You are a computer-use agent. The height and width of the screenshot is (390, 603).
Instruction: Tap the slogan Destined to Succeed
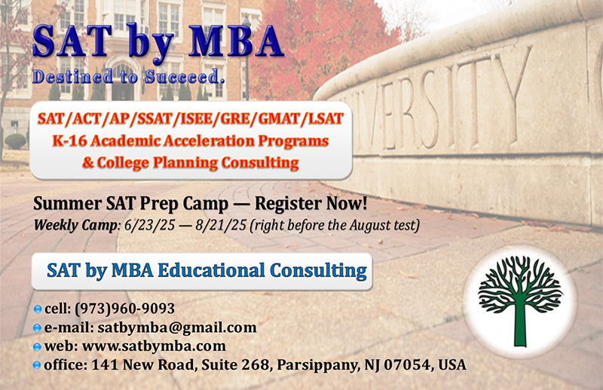[128, 76]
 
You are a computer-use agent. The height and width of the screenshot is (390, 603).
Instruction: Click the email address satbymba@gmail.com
[173, 328]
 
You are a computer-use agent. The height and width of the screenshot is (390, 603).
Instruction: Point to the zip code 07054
[397, 365]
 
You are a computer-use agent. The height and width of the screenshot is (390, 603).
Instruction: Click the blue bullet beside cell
[38, 309]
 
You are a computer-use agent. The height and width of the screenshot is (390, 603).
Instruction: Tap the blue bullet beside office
[38, 366]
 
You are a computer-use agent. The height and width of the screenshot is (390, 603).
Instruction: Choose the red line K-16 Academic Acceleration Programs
[190, 140]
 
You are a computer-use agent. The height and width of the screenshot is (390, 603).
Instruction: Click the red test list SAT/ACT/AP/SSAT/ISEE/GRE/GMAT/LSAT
[190, 119]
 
